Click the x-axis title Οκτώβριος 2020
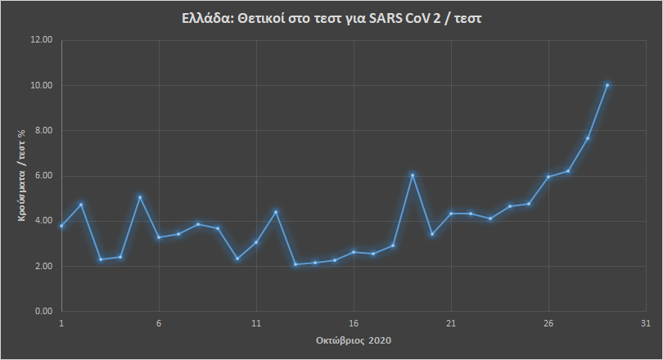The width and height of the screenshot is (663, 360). pos(354,339)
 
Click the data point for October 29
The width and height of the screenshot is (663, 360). pos(607,84)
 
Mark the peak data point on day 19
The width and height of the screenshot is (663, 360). pos(413,175)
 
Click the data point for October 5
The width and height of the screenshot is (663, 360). pos(140,197)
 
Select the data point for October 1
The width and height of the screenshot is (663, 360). pos(61,226)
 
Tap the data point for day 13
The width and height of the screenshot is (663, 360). pos(295,264)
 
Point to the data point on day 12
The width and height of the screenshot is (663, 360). pos(276,212)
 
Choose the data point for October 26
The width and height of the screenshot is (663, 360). pos(548,177)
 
